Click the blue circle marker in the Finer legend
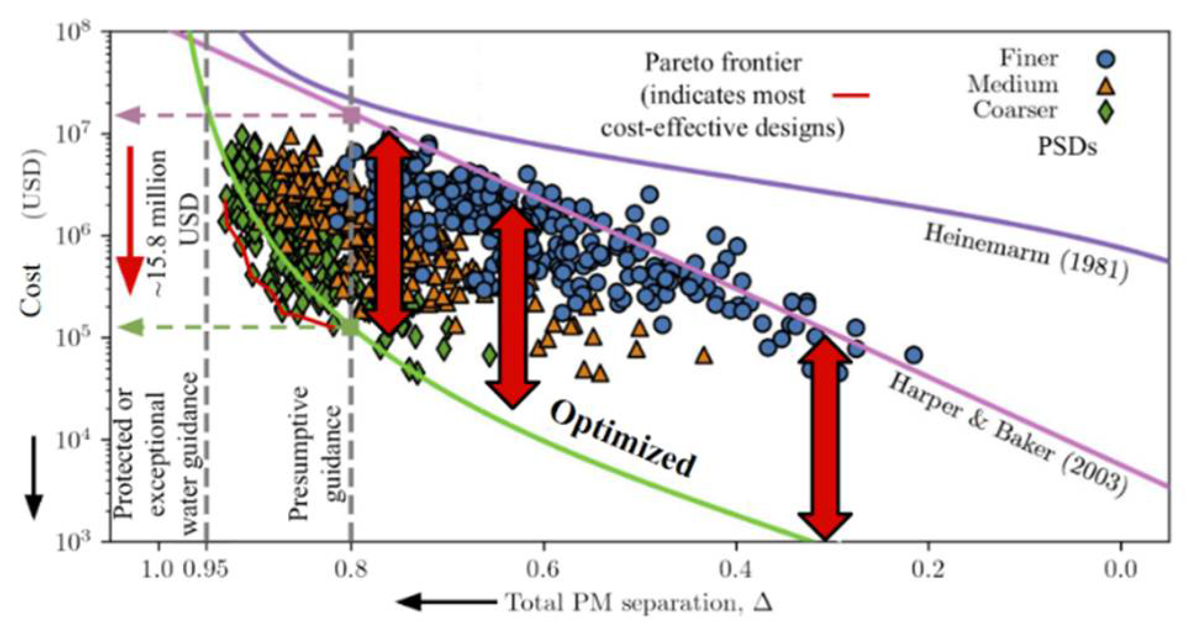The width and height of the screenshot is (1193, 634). click(x=1105, y=59)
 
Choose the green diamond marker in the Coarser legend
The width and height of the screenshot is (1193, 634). click(x=1105, y=112)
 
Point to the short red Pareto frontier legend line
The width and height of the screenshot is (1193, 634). click(x=851, y=96)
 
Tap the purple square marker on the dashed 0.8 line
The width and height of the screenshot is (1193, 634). click(x=352, y=115)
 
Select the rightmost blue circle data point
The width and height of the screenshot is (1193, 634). click(x=914, y=355)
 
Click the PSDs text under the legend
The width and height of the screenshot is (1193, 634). click(x=1067, y=147)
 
